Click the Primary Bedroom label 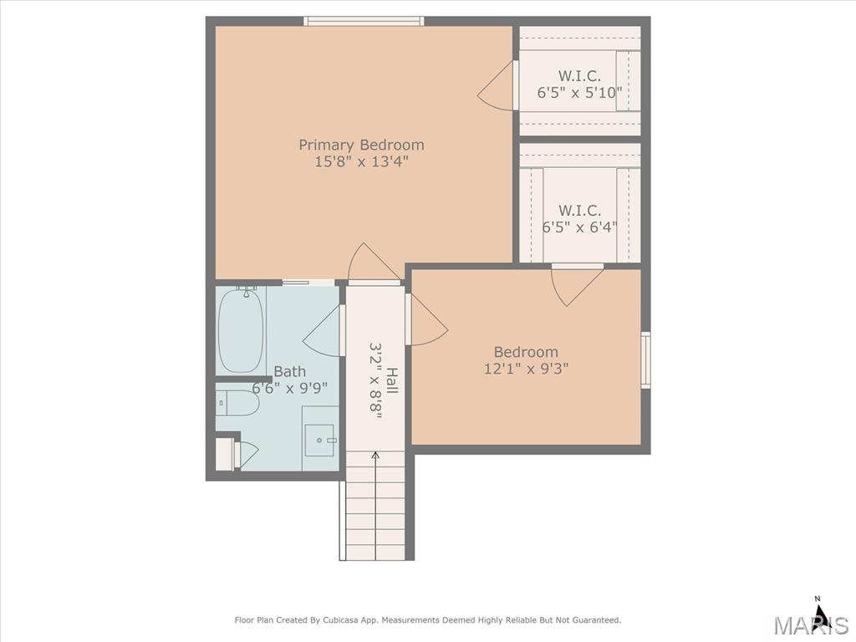coord(361,145)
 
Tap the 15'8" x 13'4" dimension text coord(361,161)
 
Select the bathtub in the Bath coord(241,330)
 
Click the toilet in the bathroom coord(237,403)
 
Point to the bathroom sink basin coord(319,440)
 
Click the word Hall coord(392,381)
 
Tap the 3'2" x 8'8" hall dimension coord(375,381)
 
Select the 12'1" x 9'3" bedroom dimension coord(527,369)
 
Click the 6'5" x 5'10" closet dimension coord(580,92)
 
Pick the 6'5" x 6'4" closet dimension coord(580,226)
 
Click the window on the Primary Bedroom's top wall coord(364,21)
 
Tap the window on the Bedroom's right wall coord(646,359)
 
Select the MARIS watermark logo coord(811,624)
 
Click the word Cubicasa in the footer coord(340,620)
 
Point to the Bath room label coord(289,372)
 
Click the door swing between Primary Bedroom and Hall coord(374,262)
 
